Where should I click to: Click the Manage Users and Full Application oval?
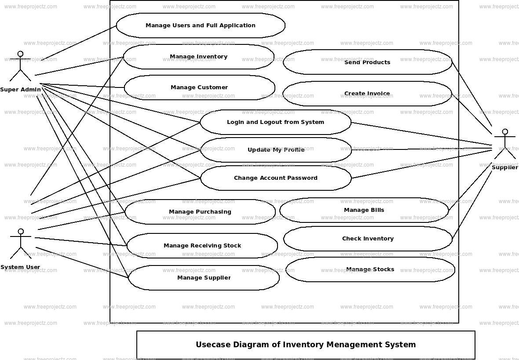tap(201, 25)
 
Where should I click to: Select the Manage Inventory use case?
tap(198, 57)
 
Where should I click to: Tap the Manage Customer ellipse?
tap(199, 87)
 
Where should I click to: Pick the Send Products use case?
tap(367, 62)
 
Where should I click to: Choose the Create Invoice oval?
tap(367, 94)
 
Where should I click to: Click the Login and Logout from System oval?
tap(275, 122)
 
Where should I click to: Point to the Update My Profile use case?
tap(276, 150)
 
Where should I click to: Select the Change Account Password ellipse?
tap(276, 178)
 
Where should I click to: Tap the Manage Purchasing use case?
tap(200, 212)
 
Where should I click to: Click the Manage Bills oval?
tap(364, 210)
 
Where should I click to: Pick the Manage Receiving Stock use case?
tap(202, 246)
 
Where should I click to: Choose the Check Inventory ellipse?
tap(368, 239)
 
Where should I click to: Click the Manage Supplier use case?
tap(204, 278)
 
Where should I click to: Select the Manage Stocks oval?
tap(370, 269)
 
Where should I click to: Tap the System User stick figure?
tap(20, 244)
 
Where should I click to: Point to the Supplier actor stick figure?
tap(505, 145)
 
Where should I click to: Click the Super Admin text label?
tap(20, 90)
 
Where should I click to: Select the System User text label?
tap(20, 267)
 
